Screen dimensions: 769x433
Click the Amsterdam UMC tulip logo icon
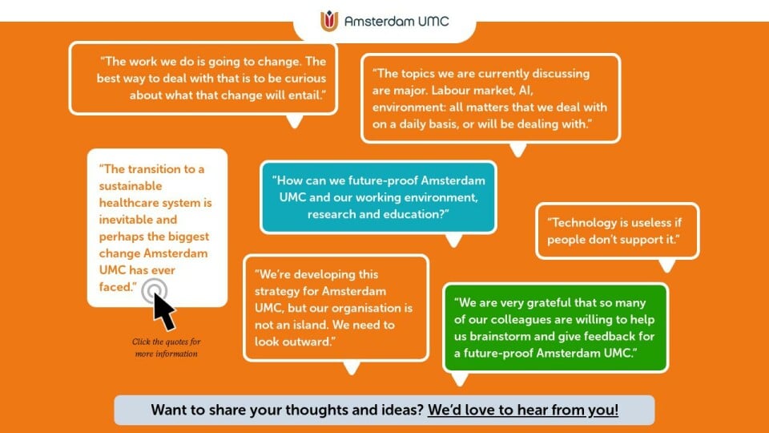click(x=329, y=21)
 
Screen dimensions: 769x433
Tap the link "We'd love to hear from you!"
click(x=523, y=410)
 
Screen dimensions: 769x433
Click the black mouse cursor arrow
click(x=163, y=311)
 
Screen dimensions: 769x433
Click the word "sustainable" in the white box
click(x=131, y=186)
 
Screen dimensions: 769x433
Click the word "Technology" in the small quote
click(x=582, y=223)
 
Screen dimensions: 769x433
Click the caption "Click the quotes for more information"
click(x=167, y=347)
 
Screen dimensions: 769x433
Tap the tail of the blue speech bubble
click(x=453, y=240)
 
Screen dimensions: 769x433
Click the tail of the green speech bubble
click(x=460, y=378)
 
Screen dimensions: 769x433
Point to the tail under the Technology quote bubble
click(x=667, y=265)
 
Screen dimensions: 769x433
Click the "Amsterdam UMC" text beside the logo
click(x=397, y=21)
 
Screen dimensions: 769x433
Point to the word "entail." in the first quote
click(x=307, y=95)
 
